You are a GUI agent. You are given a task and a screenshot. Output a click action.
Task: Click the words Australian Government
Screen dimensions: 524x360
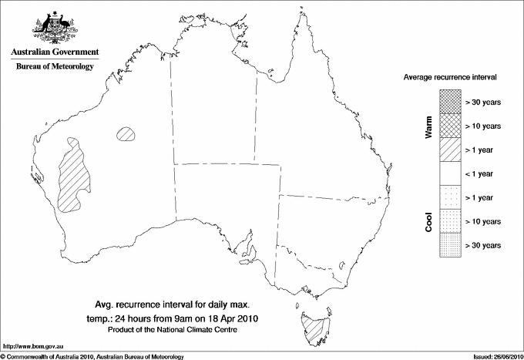point(54,52)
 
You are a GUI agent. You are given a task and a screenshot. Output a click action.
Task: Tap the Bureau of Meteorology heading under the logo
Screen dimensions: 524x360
point(54,67)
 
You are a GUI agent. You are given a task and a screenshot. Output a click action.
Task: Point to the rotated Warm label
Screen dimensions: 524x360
point(429,127)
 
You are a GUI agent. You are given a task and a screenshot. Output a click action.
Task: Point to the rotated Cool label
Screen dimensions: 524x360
point(429,222)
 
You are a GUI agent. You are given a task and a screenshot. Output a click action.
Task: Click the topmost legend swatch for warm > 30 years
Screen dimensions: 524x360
point(451,102)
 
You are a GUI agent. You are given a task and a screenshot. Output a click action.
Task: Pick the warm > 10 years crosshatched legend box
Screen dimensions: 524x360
point(451,126)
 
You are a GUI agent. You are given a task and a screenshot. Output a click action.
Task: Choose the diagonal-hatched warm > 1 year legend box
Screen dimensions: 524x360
point(451,150)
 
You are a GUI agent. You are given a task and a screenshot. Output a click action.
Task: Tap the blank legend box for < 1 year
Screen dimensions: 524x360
point(451,173)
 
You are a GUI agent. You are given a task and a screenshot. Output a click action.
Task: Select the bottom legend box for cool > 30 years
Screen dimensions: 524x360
point(451,245)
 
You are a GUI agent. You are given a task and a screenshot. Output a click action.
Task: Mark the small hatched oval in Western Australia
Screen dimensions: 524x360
point(126,134)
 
